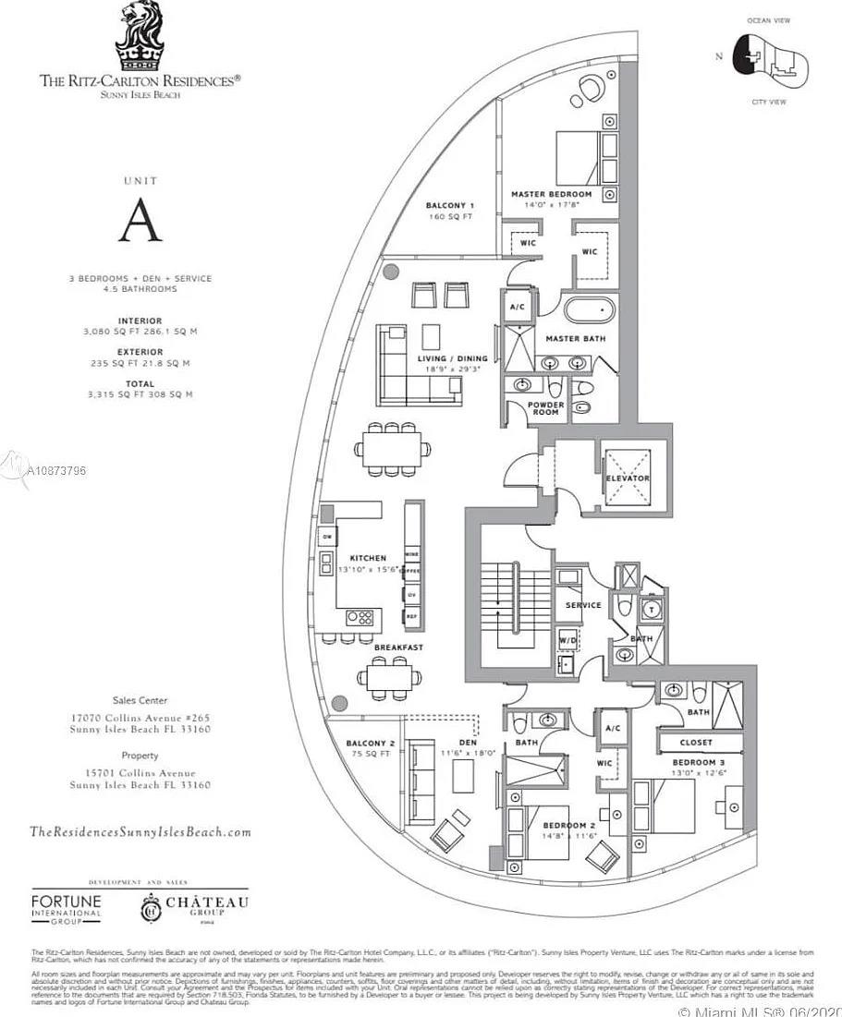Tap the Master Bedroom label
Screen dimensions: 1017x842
(x=551, y=194)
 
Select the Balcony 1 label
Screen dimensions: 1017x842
(x=449, y=205)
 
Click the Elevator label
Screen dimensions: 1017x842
(x=628, y=478)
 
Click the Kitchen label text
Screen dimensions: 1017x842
(x=368, y=558)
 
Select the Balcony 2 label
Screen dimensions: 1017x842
(x=370, y=744)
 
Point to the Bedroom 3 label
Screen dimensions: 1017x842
(x=694, y=764)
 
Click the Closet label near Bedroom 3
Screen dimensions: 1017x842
(x=695, y=742)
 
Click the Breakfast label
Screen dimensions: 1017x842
(x=398, y=648)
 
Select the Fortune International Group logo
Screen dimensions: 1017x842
(x=67, y=907)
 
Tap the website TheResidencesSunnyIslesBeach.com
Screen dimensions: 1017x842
(x=140, y=831)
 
